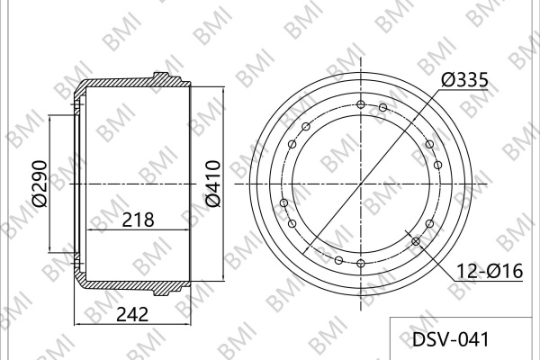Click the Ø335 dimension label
464,80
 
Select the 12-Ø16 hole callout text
490,271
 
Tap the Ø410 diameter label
212,184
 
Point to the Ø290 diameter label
40,184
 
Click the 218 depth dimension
138,220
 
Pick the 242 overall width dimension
132,314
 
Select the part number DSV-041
451,339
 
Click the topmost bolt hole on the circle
361,104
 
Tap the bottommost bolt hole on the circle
361,264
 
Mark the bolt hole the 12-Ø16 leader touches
416,241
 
